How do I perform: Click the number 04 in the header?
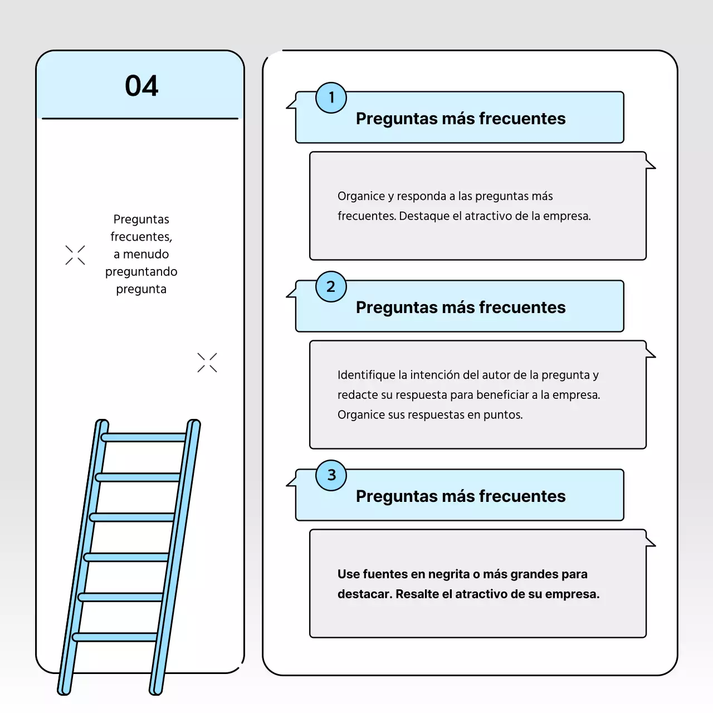pyautogui.click(x=141, y=86)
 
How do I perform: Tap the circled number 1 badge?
pyautogui.click(x=331, y=97)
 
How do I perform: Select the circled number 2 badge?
pyautogui.click(x=331, y=287)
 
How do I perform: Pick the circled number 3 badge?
pyautogui.click(x=331, y=476)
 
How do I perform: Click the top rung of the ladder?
pyautogui.click(x=144, y=438)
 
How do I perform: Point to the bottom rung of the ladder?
pyautogui.click(x=115, y=637)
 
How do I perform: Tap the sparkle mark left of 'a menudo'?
pyautogui.click(x=75, y=255)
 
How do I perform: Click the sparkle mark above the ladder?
pyautogui.click(x=207, y=362)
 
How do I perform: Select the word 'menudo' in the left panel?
pyautogui.click(x=146, y=254)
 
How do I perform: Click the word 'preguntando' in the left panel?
pyautogui.click(x=141, y=272)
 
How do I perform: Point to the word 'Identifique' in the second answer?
pyautogui.click(x=367, y=375)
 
